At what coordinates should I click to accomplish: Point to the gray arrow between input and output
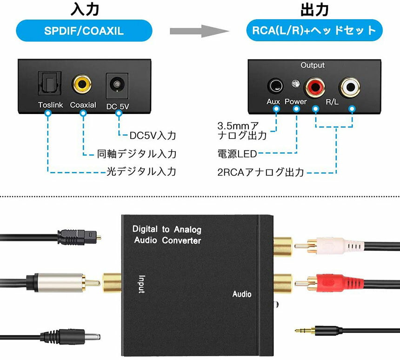coord(200,31)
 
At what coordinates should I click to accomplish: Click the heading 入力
coord(84,9)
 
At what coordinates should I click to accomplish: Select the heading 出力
coord(315,9)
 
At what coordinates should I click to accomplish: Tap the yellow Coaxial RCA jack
coord(82,85)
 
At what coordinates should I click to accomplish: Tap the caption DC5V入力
coord(153,136)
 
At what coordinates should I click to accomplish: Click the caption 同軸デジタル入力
coord(137,153)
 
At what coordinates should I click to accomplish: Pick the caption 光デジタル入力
coord(141,172)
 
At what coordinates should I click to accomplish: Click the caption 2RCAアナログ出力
coord(260,172)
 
